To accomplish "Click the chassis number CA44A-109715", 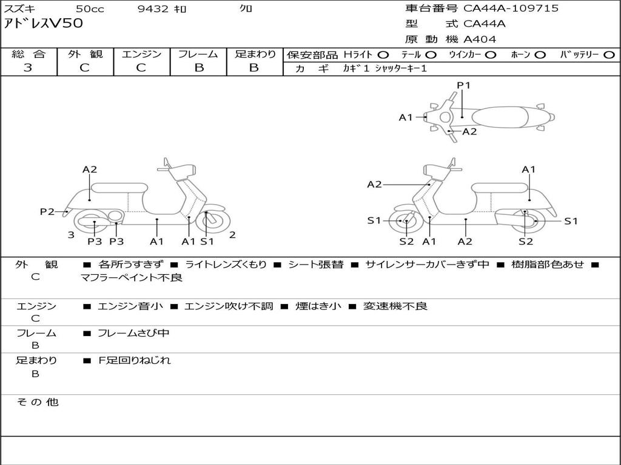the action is pos(511,8).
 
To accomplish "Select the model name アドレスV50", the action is pos(43,24).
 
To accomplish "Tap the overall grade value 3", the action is pos(28,68).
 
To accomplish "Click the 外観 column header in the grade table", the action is pos(85,54).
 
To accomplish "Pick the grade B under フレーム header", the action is pos(199,68).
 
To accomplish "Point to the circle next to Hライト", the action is pos(383,55).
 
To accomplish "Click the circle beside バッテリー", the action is pos(609,55).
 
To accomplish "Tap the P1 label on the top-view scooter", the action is pos(463,85).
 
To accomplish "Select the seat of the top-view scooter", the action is pos(500,117).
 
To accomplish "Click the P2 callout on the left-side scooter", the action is pos(47,211).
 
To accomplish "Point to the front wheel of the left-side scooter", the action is pos(211,221).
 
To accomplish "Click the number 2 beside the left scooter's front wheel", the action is pos(232,235).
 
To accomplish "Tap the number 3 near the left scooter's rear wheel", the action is pos(71,235).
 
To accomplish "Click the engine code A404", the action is pos(480,39).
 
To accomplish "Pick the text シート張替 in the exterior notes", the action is pos(315,265).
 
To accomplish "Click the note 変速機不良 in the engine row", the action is pos(395,306).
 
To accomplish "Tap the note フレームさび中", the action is pos(133,333).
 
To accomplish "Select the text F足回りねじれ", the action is pos(134,360).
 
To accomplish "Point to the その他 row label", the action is pos(38,402).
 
